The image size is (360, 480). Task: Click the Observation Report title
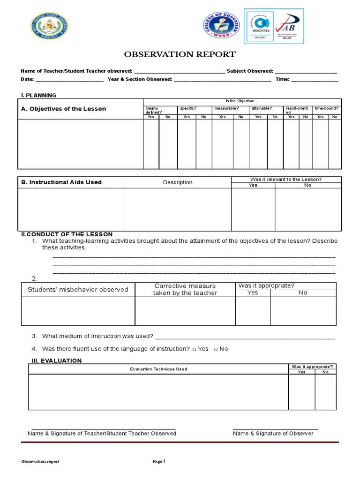(x=180, y=54)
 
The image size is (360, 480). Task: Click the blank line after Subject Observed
(x=306, y=71)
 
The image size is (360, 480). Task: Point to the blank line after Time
(x=315, y=80)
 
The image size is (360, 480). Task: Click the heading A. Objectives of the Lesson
(x=63, y=109)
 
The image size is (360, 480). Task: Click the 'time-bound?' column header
(x=327, y=108)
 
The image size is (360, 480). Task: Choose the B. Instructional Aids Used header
(x=61, y=182)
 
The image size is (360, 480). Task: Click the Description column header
(x=178, y=182)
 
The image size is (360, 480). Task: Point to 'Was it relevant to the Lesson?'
(x=286, y=179)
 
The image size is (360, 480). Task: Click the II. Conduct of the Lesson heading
(x=67, y=234)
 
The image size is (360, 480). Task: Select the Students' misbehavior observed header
(x=78, y=290)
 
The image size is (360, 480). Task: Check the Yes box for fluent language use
(x=194, y=349)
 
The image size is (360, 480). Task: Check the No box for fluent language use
(x=216, y=349)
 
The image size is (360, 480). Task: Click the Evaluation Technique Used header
(x=158, y=369)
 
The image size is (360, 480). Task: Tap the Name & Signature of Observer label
(x=273, y=434)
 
